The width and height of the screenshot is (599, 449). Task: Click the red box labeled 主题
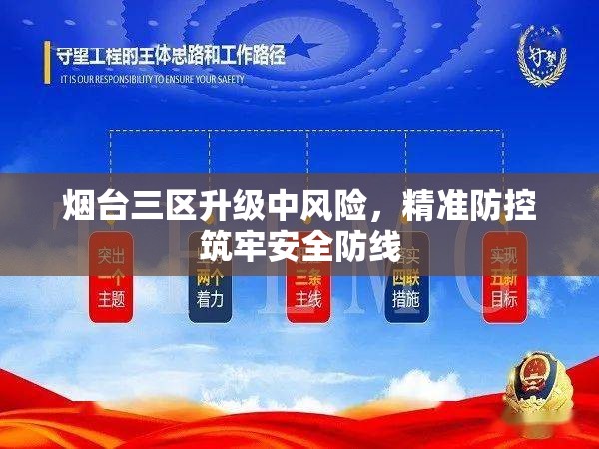pos(111,278)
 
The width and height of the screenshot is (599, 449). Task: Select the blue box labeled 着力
pos(210,278)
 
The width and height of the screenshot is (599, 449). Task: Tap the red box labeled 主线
pos(307,278)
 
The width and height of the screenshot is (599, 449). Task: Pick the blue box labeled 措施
pos(405,278)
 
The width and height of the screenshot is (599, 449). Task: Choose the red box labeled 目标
pos(504,278)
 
